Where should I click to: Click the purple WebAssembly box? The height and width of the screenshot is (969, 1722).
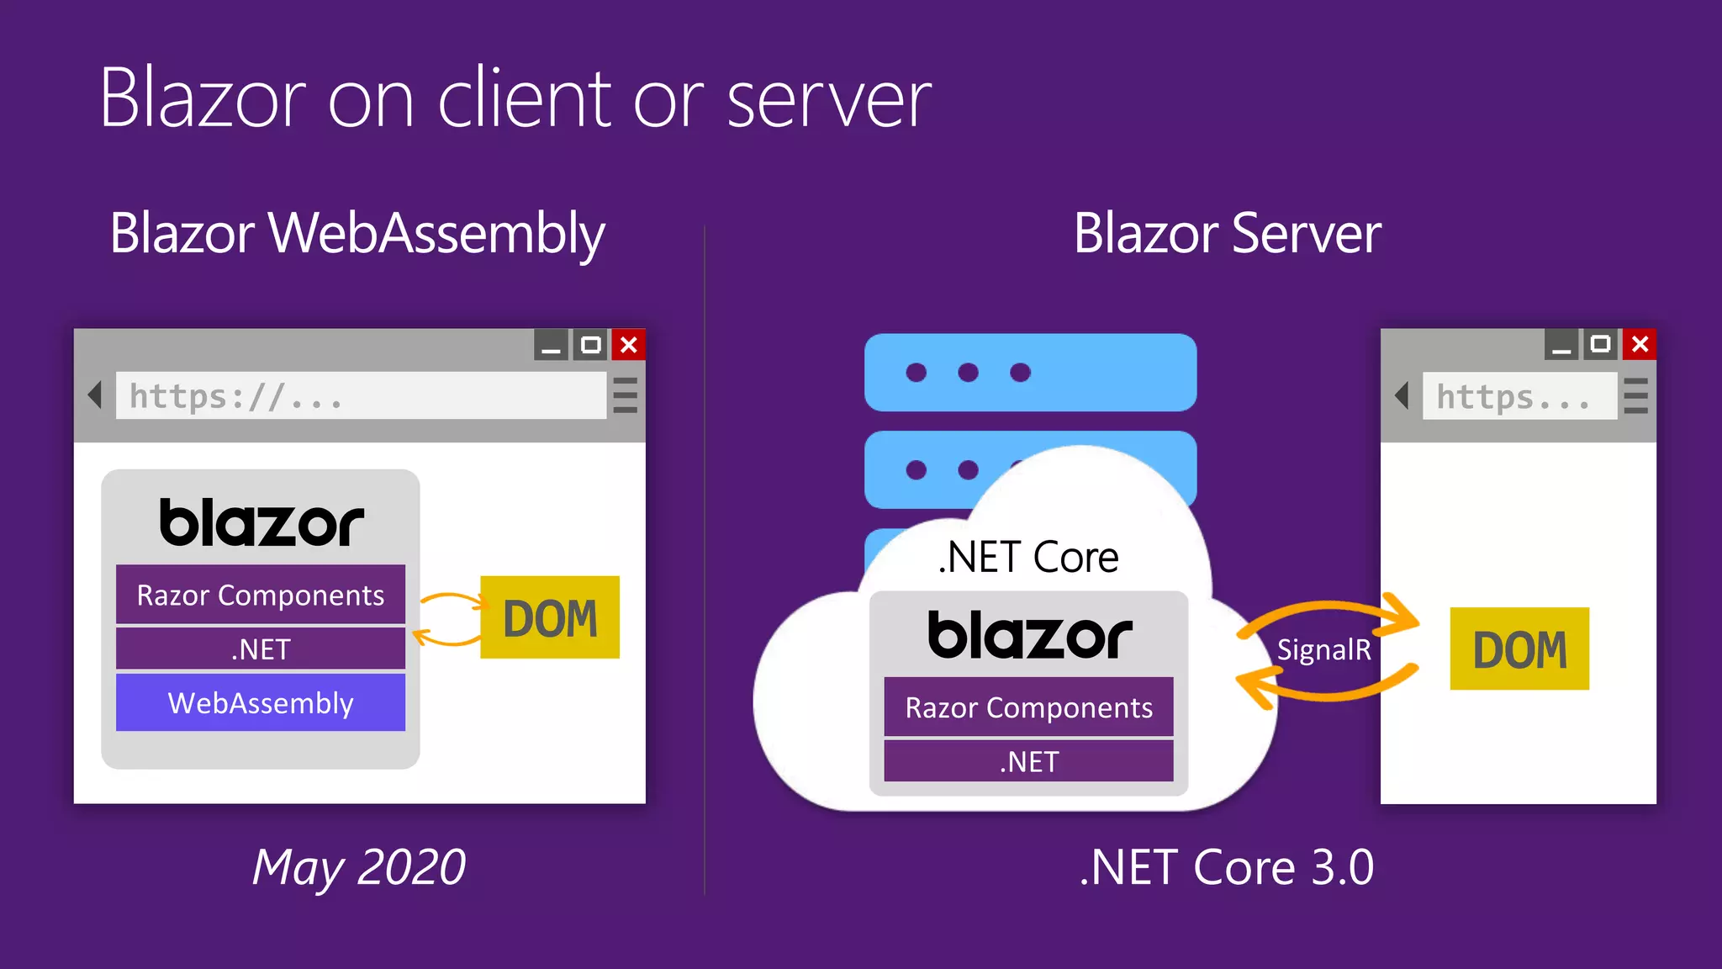point(261,702)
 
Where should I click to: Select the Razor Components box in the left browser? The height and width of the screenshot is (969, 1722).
point(261,595)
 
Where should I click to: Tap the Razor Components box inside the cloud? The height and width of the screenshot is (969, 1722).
point(1028,707)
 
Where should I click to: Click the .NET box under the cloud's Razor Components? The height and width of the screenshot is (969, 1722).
point(1028,761)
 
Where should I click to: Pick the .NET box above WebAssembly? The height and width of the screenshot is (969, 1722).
point(261,649)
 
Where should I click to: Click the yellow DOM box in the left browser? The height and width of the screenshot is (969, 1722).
point(550,617)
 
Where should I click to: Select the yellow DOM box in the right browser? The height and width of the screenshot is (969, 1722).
point(1519,649)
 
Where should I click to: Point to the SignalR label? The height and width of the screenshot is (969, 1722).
point(1323,649)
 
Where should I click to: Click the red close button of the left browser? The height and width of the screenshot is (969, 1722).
point(629,345)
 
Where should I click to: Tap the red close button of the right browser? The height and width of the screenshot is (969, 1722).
point(1640,344)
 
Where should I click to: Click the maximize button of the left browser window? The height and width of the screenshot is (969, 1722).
point(591,345)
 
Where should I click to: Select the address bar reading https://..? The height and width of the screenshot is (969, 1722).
point(361,395)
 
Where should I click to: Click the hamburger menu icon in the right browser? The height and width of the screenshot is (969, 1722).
point(1635,395)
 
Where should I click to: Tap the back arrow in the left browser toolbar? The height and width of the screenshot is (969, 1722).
point(95,394)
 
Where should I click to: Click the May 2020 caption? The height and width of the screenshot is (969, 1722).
point(359,867)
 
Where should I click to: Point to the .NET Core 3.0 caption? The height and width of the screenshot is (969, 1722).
point(1226,867)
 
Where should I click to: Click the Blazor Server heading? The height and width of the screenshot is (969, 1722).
point(1227,233)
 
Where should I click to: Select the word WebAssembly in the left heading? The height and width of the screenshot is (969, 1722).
point(436,233)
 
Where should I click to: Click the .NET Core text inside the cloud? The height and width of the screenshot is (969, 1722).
point(1028,557)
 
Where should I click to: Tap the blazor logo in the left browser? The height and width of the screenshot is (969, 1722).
point(261,522)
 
